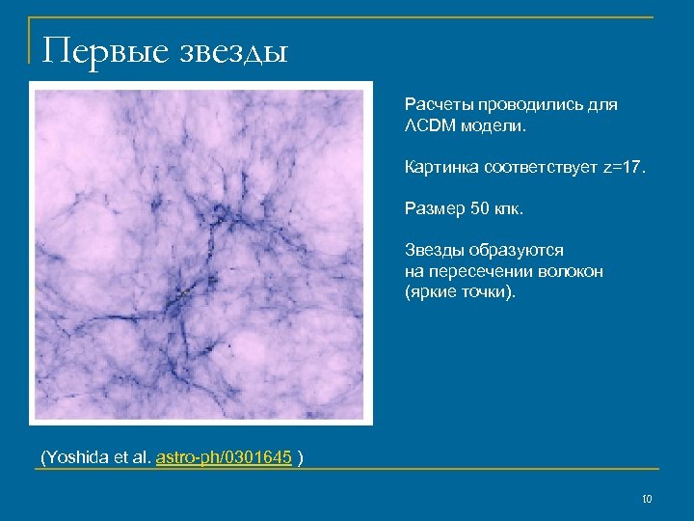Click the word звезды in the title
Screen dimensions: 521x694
(x=232, y=48)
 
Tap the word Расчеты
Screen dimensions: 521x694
(x=436, y=104)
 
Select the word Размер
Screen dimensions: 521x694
(x=433, y=208)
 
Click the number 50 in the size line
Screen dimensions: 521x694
(x=480, y=208)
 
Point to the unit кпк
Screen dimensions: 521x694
(x=510, y=208)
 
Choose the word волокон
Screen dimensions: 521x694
(x=575, y=271)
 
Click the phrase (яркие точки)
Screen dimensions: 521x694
(x=460, y=291)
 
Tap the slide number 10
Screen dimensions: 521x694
(x=647, y=499)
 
